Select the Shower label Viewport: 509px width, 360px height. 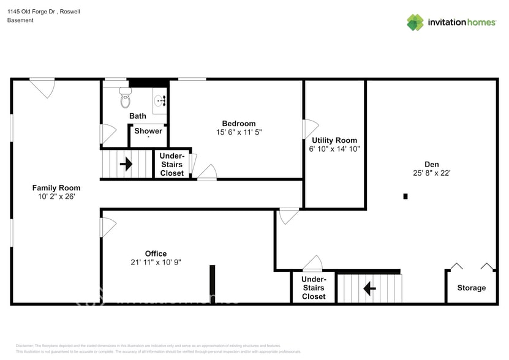tap(148, 131)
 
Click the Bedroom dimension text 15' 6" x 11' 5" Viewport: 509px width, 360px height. tap(239, 132)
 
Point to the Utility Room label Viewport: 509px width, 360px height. tap(334, 140)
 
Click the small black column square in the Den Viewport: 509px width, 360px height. tap(405, 197)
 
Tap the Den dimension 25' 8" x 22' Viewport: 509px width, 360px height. tap(432, 173)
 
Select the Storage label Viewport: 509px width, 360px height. tap(471, 288)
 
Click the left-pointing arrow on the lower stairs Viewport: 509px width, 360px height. tap(369, 288)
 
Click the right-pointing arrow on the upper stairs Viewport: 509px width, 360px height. tap(126, 164)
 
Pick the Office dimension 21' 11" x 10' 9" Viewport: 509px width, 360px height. tap(156, 262)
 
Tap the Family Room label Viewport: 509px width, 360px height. tap(56, 188)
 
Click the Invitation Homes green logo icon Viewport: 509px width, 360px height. tap(415, 22)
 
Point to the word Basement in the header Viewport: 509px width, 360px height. tap(20, 20)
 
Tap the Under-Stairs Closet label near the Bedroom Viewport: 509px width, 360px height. tap(172, 165)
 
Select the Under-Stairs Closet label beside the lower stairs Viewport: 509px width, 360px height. tap(314, 288)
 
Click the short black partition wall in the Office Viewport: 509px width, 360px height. tap(212, 281)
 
